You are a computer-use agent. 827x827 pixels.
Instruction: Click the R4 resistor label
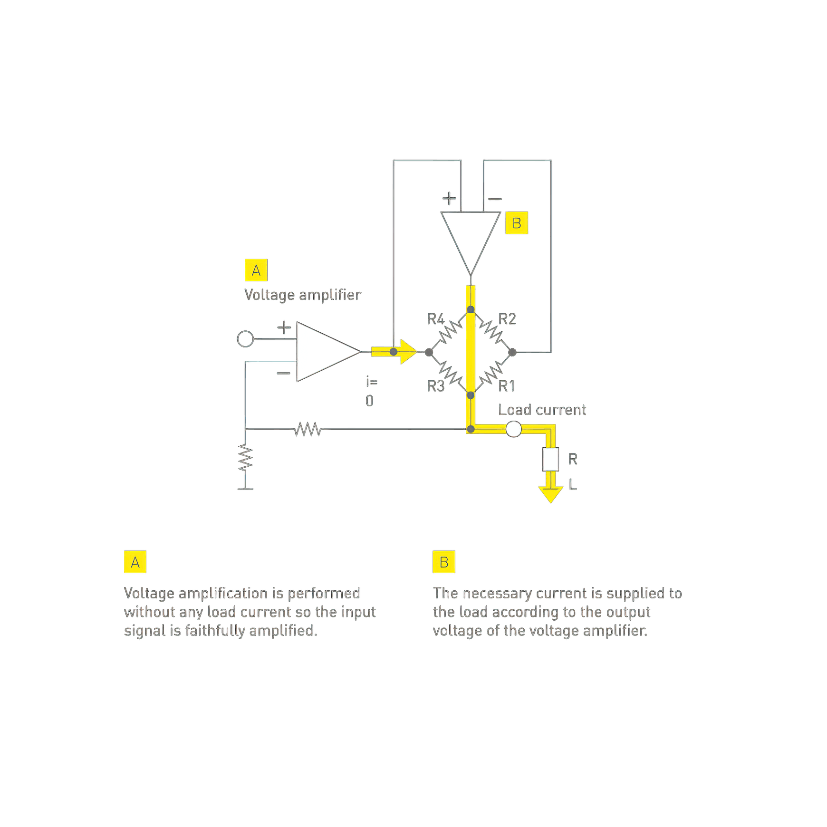tap(436, 318)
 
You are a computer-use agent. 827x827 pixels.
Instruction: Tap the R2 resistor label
tap(507, 318)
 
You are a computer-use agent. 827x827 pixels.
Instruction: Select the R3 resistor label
tap(436, 386)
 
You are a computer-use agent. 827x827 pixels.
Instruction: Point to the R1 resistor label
tap(507, 386)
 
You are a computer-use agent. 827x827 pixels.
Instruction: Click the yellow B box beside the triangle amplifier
tap(517, 223)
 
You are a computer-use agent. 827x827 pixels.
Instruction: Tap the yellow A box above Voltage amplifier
tap(256, 270)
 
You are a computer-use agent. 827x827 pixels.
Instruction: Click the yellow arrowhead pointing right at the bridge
tap(408, 352)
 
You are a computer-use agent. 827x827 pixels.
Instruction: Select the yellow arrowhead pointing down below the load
tap(550, 494)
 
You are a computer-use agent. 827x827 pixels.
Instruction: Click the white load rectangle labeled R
tap(550, 459)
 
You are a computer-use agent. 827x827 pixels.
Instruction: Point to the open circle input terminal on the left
tap(245, 339)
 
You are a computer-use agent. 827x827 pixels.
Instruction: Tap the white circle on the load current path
tap(514, 429)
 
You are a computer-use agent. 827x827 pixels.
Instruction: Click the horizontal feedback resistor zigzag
tap(308, 429)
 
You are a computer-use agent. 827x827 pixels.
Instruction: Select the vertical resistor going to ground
tap(245, 458)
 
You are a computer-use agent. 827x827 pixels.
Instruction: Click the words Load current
tap(542, 410)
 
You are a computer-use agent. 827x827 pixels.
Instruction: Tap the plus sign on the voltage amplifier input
tap(284, 327)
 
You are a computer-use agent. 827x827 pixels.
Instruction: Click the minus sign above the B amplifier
tap(495, 199)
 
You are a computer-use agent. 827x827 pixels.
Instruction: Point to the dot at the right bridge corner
tap(512, 352)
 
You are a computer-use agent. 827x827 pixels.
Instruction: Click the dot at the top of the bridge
tap(471, 310)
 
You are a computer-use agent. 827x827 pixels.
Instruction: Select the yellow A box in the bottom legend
tap(135, 562)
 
